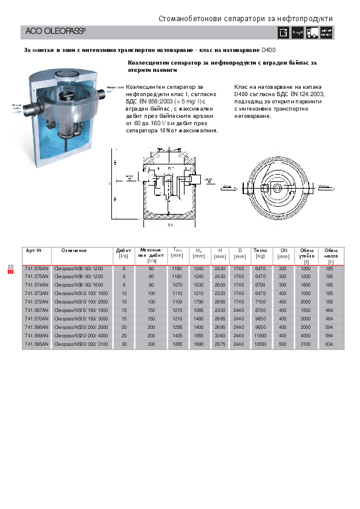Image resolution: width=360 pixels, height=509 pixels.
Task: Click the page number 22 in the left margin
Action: click(x=10, y=266)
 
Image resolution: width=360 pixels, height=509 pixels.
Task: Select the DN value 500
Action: click(x=283, y=343)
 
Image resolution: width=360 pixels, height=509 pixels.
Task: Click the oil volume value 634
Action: click(x=330, y=343)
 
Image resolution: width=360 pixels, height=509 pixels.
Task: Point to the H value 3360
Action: click(x=220, y=335)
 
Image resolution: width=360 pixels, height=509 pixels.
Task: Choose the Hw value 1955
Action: click(x=198, y=335)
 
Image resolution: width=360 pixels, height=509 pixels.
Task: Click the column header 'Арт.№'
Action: click(x=33, y=250)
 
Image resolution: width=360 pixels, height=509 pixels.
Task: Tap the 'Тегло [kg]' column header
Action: click(x=260, y=253)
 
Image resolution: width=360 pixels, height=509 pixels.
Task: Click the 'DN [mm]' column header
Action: click(x=283, y=253)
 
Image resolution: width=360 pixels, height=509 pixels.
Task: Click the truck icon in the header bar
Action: click(x=312, y=33)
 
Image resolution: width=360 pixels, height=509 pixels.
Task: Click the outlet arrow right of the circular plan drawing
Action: click(x=325, y=180)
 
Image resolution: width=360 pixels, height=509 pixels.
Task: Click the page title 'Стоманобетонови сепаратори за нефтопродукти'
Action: click(x=245, y=19)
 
